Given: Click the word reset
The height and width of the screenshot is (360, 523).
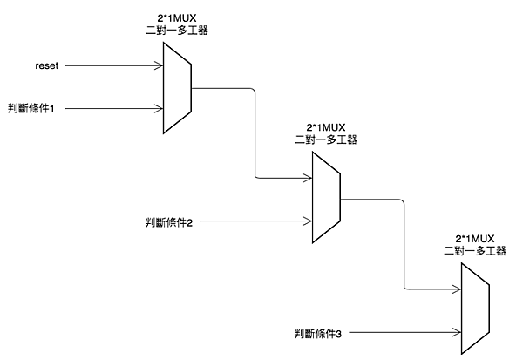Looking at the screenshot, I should click(x=47, y=66).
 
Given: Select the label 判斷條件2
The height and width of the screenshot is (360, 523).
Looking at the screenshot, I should click(x=169, y=223).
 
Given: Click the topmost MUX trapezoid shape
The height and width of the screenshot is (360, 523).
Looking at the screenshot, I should click(x=177, y=88).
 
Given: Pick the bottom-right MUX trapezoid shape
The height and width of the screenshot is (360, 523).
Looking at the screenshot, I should click(x=475, y=309).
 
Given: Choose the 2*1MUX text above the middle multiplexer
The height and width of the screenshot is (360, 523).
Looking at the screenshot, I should click(x=327, y=127).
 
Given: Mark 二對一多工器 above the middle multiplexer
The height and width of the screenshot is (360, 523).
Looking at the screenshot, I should click(x=327, y=139).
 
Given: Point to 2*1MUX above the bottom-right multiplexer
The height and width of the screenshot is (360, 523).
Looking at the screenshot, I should click(x=475, y=238).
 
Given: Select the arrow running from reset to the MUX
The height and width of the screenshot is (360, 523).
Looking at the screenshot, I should click(x=113, y=66).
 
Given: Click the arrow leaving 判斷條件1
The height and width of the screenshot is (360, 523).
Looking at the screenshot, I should click(x=113, y=109).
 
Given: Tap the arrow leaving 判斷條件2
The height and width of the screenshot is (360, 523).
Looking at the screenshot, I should click(x=253, y=222).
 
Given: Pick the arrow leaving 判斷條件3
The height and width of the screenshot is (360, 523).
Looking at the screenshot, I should click(x=401, y=331).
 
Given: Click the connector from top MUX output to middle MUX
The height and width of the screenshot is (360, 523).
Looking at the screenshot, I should click(x=255, y=131).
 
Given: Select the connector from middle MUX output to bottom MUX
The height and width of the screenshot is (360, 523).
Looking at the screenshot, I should click(x=404, y=244).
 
